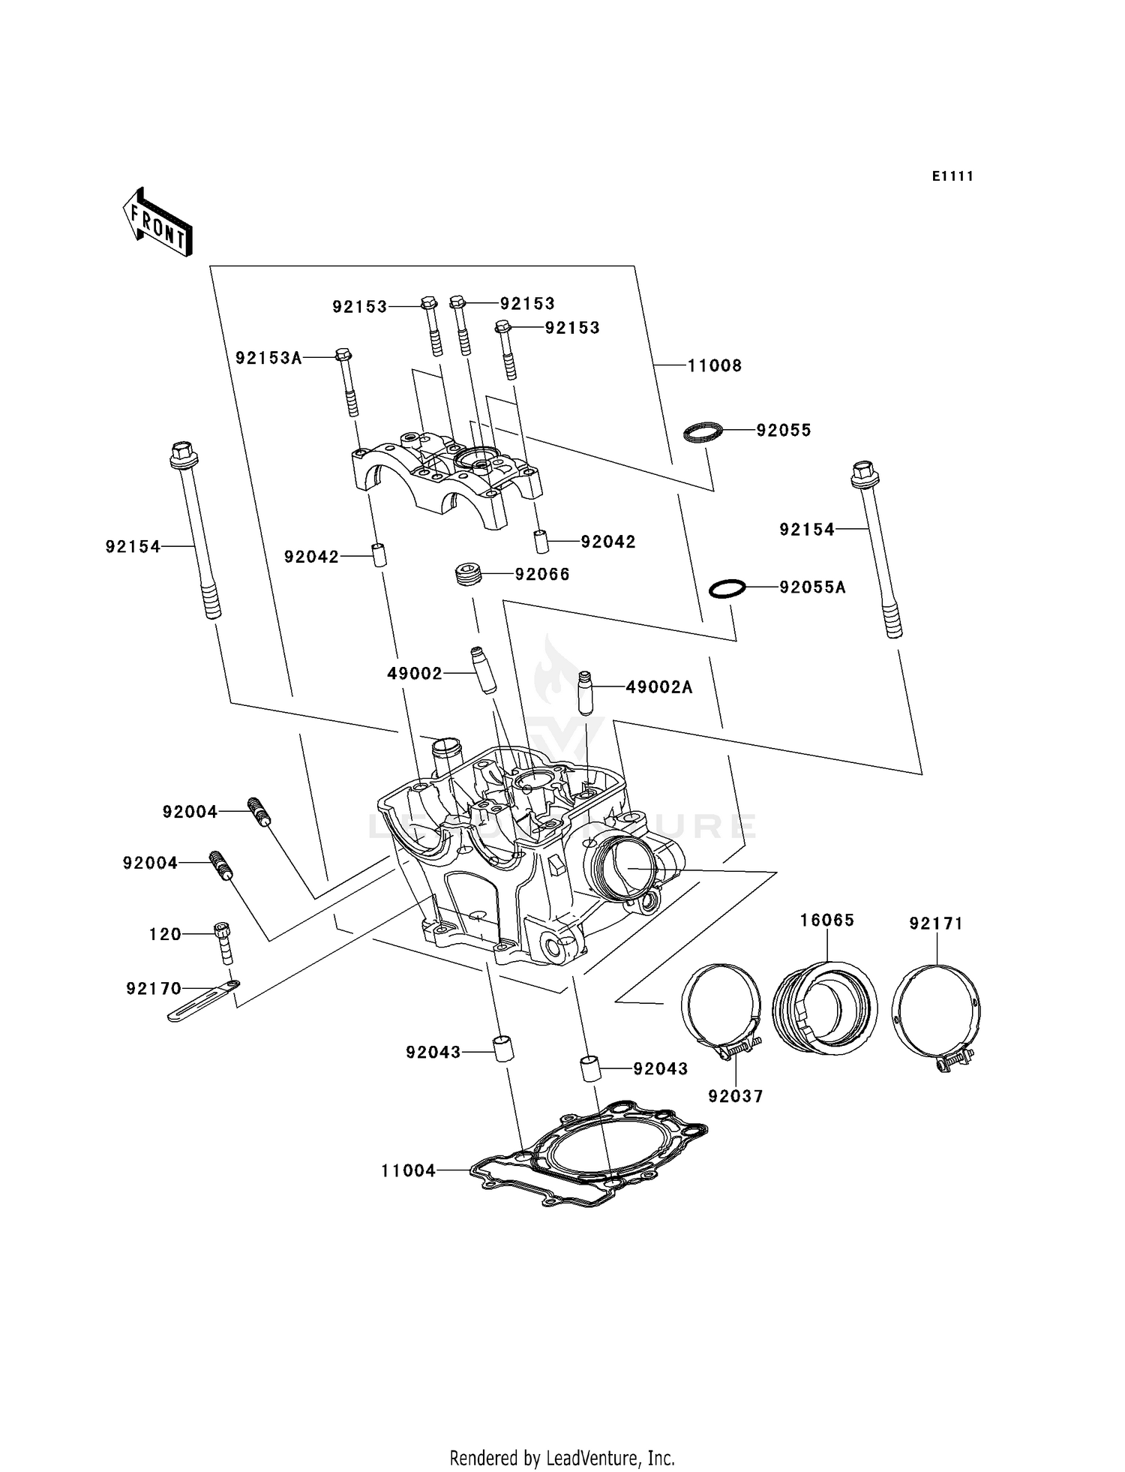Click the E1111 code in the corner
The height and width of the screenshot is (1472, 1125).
[952, 176]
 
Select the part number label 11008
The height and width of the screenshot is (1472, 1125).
[714, 366]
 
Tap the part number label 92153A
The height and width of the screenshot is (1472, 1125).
[268, 359]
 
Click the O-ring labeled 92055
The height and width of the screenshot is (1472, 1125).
[703, 432]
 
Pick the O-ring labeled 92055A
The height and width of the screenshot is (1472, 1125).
[727, 589]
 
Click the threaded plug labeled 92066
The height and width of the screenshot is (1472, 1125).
[468, 575]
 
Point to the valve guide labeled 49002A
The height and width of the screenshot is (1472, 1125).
[586, 692]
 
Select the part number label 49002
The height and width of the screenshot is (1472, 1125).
[415, 674]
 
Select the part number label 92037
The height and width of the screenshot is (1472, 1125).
[735, 1096]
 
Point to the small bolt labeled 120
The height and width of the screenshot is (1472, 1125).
[223, 942]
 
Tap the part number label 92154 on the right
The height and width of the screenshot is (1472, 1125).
[806, 530]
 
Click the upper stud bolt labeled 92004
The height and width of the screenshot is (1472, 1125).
[259, 813]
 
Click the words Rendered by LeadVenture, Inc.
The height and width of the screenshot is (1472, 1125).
[562, 1458]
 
